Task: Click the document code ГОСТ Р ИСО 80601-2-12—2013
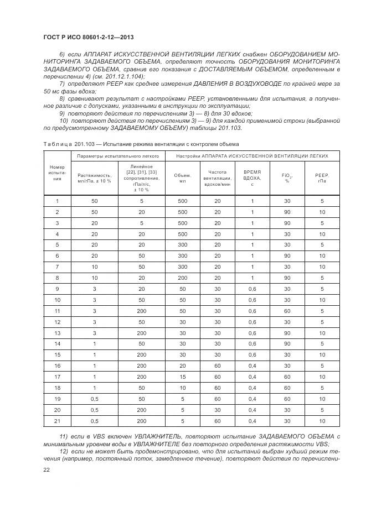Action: click(89, 37)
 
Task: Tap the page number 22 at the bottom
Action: click(47, 469)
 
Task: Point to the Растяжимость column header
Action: click(94, 177)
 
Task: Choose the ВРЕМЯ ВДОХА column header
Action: click(252, 177)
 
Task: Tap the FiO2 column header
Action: click(287, 177)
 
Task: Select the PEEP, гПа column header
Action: click(322, 177)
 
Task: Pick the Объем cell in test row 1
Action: click(182, 202)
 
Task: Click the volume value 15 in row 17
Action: click(182, 377)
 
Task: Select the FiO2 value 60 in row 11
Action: click(287, 311)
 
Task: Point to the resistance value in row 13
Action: click(142, 333)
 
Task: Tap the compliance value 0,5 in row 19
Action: click(94, 399)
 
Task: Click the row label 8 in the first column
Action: click(57, 278)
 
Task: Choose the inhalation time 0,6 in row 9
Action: click(252, 289)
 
